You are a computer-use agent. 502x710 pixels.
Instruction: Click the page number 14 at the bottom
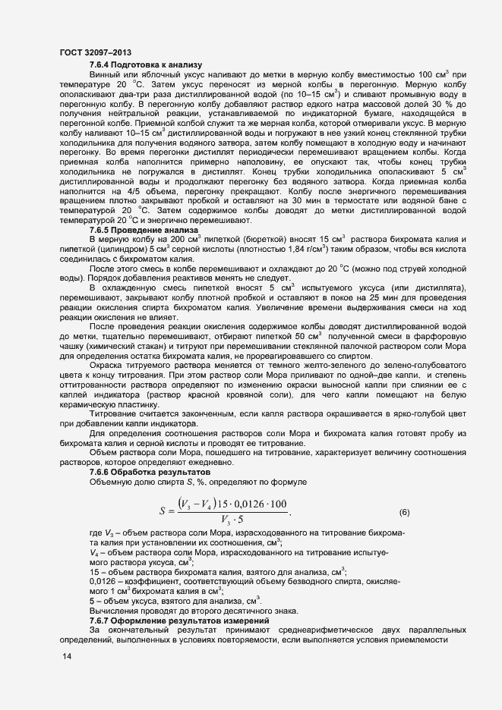click(67, 657)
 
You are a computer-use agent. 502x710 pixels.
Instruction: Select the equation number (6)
click(405, 512)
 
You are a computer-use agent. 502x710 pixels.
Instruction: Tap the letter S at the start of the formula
click(163, 512)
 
